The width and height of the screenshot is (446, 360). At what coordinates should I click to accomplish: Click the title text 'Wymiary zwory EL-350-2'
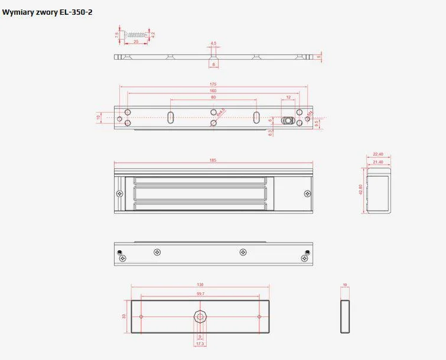coord(47,12)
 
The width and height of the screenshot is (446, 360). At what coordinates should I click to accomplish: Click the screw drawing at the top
coord(135,34)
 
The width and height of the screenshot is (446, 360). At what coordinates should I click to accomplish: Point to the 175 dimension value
coord(213,84)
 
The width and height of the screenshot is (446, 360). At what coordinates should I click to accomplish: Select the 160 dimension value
coord(213,91)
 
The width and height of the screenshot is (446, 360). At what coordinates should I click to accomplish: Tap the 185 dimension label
coord(213,160)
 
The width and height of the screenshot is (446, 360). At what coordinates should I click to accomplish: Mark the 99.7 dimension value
coord(200,293)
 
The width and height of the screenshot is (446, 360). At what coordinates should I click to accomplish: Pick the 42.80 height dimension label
coord(361,190)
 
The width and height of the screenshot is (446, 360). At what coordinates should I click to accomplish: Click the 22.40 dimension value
coord(379,154)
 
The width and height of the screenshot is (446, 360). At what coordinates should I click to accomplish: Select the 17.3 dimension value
coord(200,343)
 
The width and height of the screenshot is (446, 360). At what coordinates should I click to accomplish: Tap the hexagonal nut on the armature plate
coord(200,317)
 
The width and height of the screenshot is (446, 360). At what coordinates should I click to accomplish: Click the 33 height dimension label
coord(124,317)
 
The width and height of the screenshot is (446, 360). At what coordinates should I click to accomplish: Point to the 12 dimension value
coord(288,97)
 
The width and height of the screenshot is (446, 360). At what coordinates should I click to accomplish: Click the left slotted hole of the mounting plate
coord(170,116)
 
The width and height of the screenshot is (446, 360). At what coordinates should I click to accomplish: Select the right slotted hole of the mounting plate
coord(257,116)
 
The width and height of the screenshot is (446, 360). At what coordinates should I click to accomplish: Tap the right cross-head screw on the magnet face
coord(307,194)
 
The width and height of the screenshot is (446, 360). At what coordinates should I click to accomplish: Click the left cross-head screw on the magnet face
coord(120,194)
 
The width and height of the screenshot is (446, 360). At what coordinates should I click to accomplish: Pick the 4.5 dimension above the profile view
coord(213,44)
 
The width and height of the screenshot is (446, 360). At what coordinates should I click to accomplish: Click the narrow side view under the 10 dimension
coord(345,317)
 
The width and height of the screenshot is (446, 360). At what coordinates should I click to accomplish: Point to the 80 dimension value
coord(213,97)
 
